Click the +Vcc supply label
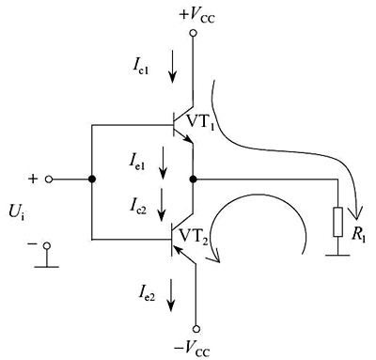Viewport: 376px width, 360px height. (197, 15)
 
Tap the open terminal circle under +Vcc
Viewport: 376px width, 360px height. (194, 33)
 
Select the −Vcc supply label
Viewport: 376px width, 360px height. (192, 347)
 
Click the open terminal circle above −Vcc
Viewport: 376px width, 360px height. (196, 329)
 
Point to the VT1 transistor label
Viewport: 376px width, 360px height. (200, 122)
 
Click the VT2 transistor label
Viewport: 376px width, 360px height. (194, 236)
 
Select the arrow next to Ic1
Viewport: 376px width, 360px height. (172, 66)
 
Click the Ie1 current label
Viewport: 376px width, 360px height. (136, 162)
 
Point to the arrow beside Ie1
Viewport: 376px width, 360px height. (163, 163)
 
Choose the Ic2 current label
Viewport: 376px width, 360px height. (138, 205)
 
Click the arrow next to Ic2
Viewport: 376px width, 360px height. (162, 204)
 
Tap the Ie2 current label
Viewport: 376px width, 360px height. (147, 292)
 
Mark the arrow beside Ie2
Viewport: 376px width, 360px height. (171, 295)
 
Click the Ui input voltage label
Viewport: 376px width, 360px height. (17, 213)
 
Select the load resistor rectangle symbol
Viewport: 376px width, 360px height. (337, 222)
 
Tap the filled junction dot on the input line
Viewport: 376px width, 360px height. (92, 180)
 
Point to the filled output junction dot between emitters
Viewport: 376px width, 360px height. (194, 180)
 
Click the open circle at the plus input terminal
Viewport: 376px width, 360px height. (49, 180)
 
